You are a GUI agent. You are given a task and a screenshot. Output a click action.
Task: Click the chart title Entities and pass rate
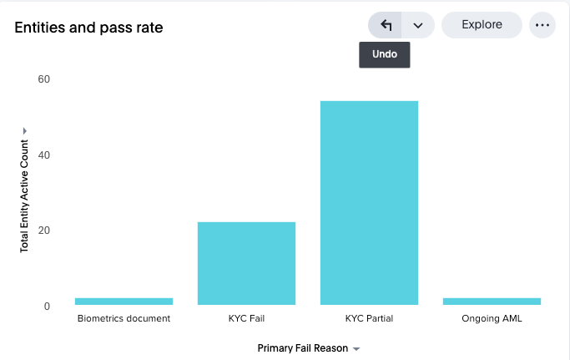[x=88, y=28]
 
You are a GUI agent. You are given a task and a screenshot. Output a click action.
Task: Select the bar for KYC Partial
[x=369, y=203]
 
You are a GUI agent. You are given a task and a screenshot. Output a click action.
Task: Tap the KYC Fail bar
[x=246, y=263]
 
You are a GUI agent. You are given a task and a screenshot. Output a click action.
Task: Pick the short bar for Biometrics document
[x=124, y=302]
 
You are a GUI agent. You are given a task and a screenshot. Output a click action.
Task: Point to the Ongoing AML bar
[x=492, y=302]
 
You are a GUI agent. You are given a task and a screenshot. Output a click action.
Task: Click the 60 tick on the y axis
[x=43, y=79]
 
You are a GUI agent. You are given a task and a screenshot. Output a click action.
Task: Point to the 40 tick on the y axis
[x=43, y=155]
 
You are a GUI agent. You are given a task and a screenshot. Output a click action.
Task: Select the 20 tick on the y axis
[x=43, y=231]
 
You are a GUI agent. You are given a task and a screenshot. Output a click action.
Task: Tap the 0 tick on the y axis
[x=47, y=307]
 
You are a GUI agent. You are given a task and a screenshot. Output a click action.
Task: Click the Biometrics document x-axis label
[x=124, y=318]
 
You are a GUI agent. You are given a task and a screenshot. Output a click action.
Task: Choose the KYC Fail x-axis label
[x=246, y=318]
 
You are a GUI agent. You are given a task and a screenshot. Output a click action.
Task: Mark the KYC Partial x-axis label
[x=369, y=318]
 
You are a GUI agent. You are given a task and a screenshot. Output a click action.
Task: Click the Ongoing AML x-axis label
[x=492, y=318]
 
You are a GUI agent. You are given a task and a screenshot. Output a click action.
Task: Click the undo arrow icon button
[x=386, y=25]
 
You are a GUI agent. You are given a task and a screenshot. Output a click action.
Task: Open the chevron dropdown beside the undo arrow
[x=418, y=25]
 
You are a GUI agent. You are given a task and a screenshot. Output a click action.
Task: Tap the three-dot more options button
[x=542, y=25]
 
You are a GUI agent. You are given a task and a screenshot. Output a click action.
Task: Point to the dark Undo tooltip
[x=385, y=55]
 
